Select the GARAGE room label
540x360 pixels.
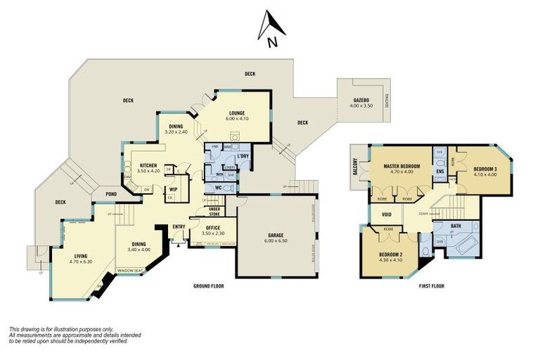tap(275, 237)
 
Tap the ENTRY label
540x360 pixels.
tap(179, 226)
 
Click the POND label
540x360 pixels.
tap(111, 193)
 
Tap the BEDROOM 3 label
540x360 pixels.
tap(484, 171)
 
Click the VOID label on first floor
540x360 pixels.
tap(386, 215)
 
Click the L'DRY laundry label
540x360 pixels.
tap(244, 155)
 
